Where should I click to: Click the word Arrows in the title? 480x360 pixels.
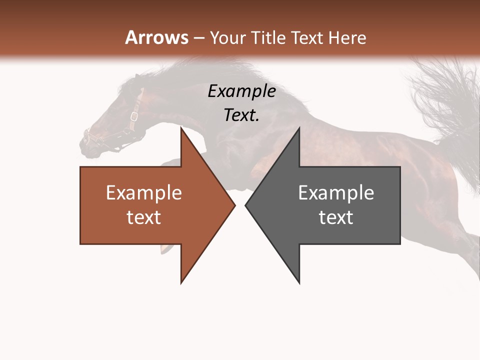(156, 37)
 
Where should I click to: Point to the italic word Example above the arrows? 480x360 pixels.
(241, 91)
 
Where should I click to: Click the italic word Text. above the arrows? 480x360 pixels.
(241, 115)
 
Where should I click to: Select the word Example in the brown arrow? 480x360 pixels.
(143, 192)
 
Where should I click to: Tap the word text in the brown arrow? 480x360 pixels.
(143, 217)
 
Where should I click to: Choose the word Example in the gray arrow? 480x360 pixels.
(336, 192)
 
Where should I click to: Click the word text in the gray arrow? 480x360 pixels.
(336, 217)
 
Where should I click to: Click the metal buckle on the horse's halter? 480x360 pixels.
(134, 117)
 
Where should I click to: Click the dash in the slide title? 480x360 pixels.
(198, 38)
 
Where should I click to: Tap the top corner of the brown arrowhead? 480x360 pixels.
(181, 128)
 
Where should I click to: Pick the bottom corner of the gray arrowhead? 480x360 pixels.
(299, 282)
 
